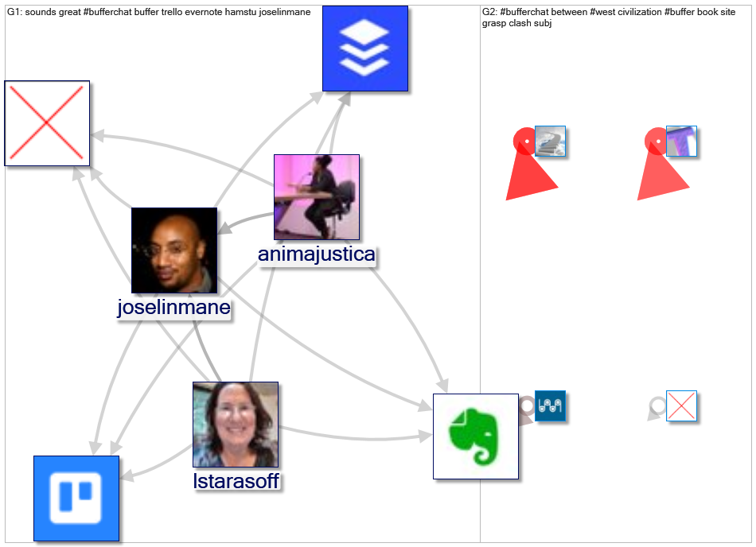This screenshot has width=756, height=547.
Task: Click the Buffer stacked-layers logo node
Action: point(365,48)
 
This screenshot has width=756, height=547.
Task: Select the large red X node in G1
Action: point(47,123)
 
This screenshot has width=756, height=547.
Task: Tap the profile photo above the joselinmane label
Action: point(174,250)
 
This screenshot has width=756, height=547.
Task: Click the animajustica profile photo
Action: point(317,197)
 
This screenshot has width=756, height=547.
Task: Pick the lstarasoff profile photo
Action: point(236,425)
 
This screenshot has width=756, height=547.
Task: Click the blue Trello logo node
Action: point(76,499)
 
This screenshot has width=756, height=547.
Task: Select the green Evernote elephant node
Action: point(476,436)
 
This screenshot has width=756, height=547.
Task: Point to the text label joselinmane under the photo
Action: point(173,308)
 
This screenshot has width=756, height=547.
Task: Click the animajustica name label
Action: point(316,255)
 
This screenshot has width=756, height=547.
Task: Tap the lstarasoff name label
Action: point(236,481)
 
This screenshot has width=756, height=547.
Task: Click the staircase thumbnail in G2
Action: point(550,142)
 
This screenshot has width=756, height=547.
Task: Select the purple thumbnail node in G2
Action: point(681,142)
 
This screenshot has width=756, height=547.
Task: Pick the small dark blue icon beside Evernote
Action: point(550,405)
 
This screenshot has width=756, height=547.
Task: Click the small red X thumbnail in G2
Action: point(681,406)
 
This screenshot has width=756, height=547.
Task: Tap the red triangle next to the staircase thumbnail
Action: point(530,171)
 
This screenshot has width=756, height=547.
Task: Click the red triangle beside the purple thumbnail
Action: point(661,171)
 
